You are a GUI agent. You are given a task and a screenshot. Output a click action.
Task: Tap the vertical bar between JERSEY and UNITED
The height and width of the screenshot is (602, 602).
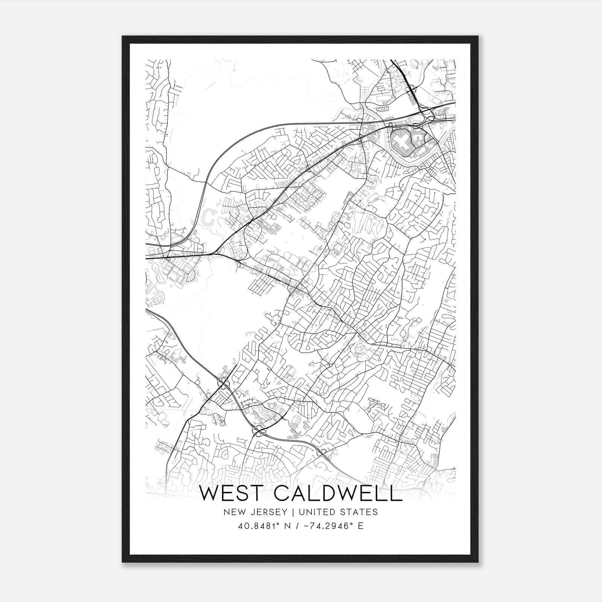tap(288, 512)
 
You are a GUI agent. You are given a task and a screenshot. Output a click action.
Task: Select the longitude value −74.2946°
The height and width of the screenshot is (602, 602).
tap(327, 526)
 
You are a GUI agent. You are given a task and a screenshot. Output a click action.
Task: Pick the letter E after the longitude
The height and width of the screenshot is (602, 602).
tap(360, 526)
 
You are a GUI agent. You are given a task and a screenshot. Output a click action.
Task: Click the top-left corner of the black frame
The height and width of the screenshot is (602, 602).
tap(123, 36)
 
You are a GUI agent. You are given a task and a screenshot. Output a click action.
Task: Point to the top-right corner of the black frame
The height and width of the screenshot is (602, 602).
tap(478, 36)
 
